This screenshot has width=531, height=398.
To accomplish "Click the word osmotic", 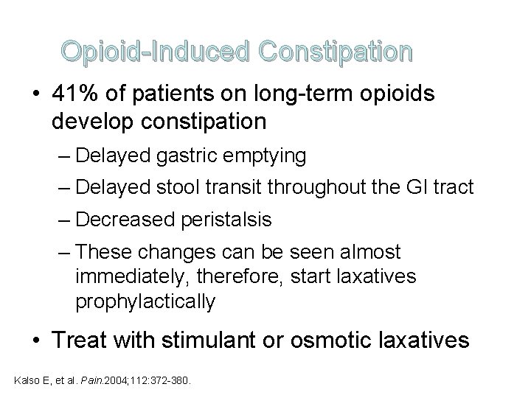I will (x=332, y=341).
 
